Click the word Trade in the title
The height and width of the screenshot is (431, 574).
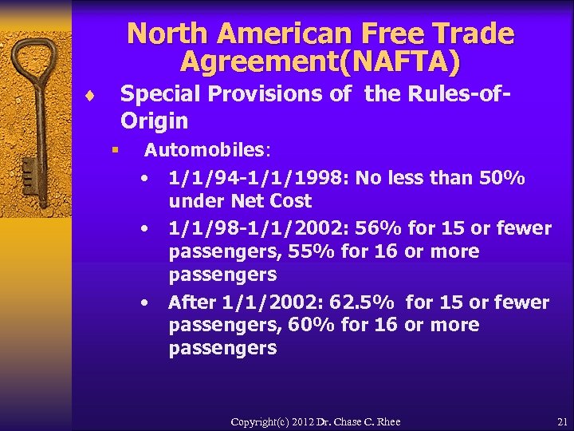[472, 34]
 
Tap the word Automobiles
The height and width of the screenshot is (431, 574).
[205, 149]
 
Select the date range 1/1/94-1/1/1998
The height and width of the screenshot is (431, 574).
[258, 177]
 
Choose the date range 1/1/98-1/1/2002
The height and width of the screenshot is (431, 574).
[258, 228]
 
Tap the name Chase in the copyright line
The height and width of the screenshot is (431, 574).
[340, 421]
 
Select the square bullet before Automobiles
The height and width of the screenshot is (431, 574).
[115, 149]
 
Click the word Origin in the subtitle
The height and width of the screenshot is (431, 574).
[154, 121]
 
